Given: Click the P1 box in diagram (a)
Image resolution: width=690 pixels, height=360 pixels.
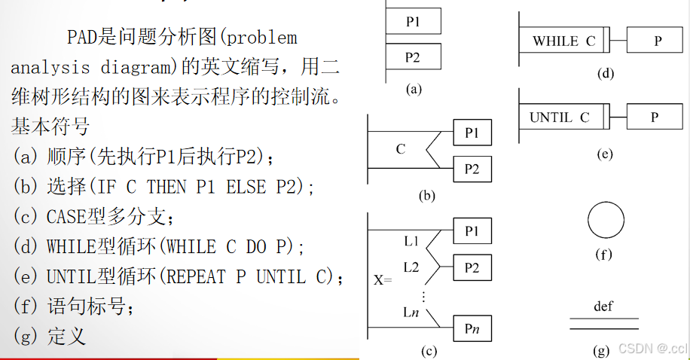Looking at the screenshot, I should tap(413, 22).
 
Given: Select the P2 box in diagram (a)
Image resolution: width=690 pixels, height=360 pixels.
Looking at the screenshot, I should tap(413, 57).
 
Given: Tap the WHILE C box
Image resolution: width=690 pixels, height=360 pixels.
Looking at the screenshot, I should tap(564, 41).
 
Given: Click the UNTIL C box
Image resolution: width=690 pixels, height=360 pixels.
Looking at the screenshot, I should tap(561, 117).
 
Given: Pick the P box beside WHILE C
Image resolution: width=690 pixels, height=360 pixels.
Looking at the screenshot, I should tap(657, 41).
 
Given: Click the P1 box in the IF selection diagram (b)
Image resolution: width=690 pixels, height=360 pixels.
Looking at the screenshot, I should tap(472, 133).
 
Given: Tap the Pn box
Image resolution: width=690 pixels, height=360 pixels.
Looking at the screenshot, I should tap(472, 328).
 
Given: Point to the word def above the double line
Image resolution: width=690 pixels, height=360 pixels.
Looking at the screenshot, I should tap(603, 306).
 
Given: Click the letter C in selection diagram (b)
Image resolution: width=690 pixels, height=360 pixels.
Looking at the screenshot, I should tap(401, 149).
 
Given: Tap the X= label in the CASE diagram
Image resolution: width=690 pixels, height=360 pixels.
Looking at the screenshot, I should tap(383, 279).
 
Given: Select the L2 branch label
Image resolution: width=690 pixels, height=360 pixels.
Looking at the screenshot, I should tap(411, 267).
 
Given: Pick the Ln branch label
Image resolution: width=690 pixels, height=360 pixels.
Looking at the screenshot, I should tap(411, 311).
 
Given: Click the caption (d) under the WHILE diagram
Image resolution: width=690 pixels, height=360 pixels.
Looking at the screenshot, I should tap(604, 73).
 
